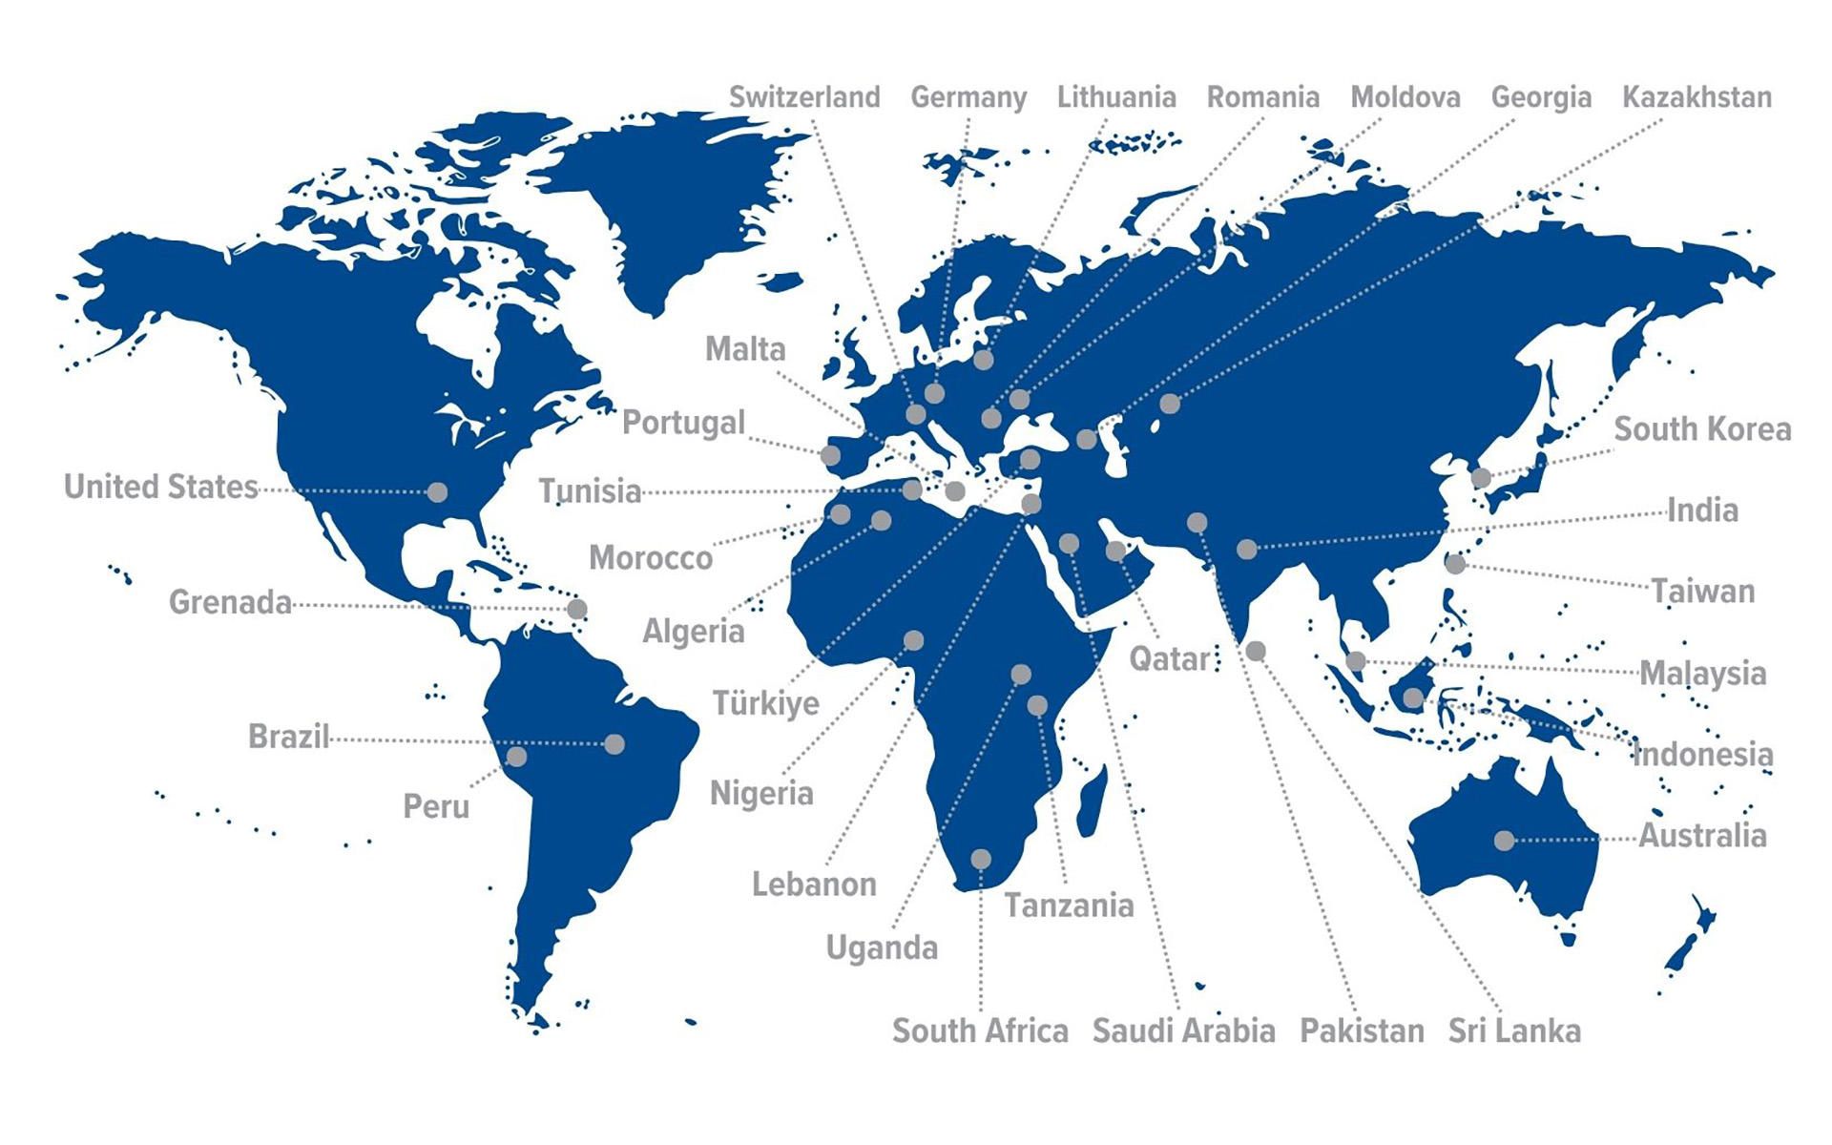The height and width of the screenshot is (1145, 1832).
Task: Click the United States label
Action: point(160,487)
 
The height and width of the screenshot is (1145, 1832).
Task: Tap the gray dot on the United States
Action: point(437,492)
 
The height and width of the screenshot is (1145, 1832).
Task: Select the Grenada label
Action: point(230,602)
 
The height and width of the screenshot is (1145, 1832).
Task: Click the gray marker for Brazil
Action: point(614,744)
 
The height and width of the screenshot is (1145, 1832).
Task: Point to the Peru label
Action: point(436,807)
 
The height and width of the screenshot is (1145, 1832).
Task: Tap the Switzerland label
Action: point(804,97)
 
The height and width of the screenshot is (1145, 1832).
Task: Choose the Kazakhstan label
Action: point(1697,97)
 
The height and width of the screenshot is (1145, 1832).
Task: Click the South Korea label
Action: point(1702,429)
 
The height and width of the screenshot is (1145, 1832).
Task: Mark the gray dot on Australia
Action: point(1504,841)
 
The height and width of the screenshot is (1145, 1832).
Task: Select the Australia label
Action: point(1702,836)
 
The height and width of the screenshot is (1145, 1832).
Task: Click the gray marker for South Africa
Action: point(981,860)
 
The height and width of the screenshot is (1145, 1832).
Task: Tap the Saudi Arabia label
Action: point(1183,1030)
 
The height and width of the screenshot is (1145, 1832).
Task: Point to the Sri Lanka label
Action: point(1514,1030)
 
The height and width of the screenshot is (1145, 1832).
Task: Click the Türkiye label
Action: point(765,703)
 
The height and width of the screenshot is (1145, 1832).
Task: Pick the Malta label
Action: point(745,349)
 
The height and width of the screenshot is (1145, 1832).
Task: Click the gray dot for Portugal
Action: point(831,455)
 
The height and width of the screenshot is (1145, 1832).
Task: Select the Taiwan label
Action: point(1703,592)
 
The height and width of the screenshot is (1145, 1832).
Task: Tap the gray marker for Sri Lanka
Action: point(1256,651)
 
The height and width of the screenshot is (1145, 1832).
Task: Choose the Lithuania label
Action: point(1116,97)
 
